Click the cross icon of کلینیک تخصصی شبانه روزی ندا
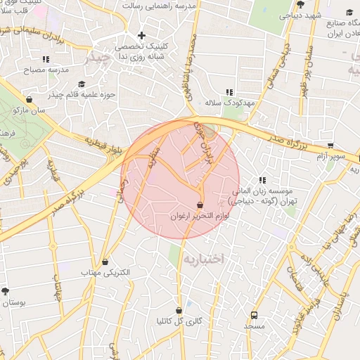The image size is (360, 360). pos(141,35)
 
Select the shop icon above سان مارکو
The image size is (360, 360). pos(29,100)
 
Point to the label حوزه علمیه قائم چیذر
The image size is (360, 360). pos(82,94)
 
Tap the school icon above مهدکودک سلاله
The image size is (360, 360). pos(229,92)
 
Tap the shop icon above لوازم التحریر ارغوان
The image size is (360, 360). pos(200,205)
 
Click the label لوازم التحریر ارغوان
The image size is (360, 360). pos(200,217)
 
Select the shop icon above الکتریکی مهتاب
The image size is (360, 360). pos(105,262)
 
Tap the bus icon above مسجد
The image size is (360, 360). pos(254,315)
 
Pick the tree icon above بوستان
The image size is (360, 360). pos(6,291)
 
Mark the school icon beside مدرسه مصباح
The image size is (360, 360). pos(46,60)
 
